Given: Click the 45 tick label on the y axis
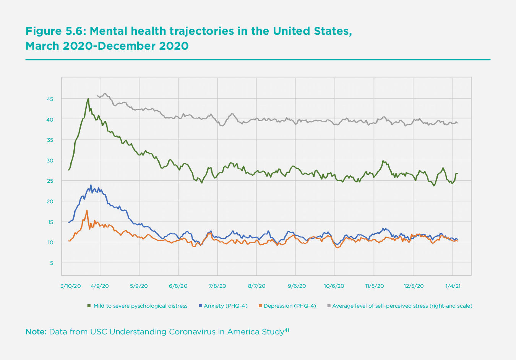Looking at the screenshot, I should click(x=50, y=99).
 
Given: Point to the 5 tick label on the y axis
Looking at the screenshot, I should click(x=52, y=263).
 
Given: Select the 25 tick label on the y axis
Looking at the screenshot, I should click(x=50, y=181).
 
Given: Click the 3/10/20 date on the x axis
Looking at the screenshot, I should click(x=71, y=286).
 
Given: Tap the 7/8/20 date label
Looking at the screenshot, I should click(x=217, y=286).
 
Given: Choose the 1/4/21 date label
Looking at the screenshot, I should click(x=453, y=286).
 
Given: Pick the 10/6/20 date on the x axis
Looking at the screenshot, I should click(x=334, y=286).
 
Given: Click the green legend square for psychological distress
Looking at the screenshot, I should click(x=89, y=306).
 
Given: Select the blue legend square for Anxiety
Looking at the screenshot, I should click(x=200, y=306).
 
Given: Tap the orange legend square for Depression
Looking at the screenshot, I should click(x=260, y=306).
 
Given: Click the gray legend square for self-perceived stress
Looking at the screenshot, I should click(x=329, y=306).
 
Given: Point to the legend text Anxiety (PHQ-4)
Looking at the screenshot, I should click(x=226, y=306).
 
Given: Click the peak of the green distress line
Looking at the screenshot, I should click(x=88, y=99).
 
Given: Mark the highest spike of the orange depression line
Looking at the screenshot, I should click(x=87, y=210).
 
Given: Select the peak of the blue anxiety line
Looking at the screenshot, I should click(x=91, y=185).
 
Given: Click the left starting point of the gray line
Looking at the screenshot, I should click(x=97, y=96).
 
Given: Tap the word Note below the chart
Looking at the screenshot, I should click(x=36, y=332).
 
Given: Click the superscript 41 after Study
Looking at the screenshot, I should click(x=286, y=329).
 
